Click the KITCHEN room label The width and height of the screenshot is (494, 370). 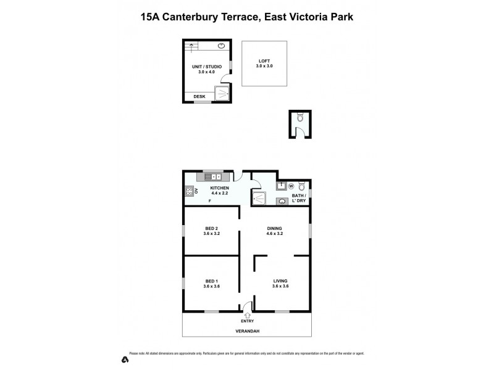click(x=219, y=187)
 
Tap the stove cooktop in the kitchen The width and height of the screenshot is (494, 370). click(x=188, y=191)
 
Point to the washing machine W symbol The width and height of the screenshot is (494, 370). click(x=290, y=185)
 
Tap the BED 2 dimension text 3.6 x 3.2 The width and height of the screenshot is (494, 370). click(x=211, y=234)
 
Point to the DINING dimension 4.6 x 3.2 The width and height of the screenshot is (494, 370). click(x=275, y=234)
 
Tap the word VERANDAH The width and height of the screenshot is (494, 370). click(x=247, y=331)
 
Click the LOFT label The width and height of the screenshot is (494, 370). click(x=264, y=60)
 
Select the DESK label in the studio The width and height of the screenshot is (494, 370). click(x=199, y=96)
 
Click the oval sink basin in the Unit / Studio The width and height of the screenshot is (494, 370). click(x=220, y=46)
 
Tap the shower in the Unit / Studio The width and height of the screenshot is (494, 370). click(x=221, y=92)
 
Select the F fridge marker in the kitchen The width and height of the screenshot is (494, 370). click(x=210, y=201)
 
